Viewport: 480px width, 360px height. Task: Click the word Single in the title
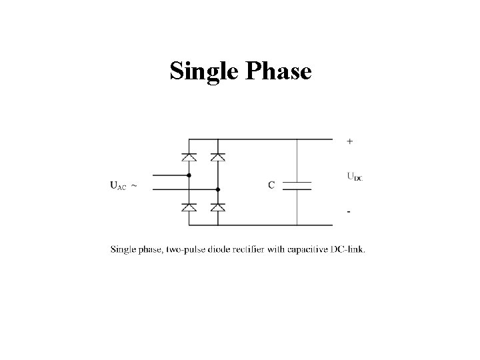click(x=204, y=70)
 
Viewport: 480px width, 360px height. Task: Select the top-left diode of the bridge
click(x=189, y=157)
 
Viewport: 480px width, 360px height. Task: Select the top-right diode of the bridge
click(x=217, y=157)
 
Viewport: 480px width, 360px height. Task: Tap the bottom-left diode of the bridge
click(x=189, y=207)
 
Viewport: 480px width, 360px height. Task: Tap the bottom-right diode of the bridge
click(x=217, y=207)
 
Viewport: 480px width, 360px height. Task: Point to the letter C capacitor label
click(x=271, y=185)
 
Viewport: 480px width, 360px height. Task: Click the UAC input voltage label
click(x=117, y=186)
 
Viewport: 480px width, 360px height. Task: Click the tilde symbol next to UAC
click(x=134, y=185)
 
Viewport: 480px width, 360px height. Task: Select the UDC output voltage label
click(x=355, y=177)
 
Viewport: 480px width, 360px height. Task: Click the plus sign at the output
click(x=351, y=141)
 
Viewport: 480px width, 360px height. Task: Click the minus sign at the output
click(x=349, y=211)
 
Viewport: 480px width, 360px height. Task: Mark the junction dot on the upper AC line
click(x=189, y=176)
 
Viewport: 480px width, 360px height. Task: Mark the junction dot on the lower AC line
click(x=217, y=189)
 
